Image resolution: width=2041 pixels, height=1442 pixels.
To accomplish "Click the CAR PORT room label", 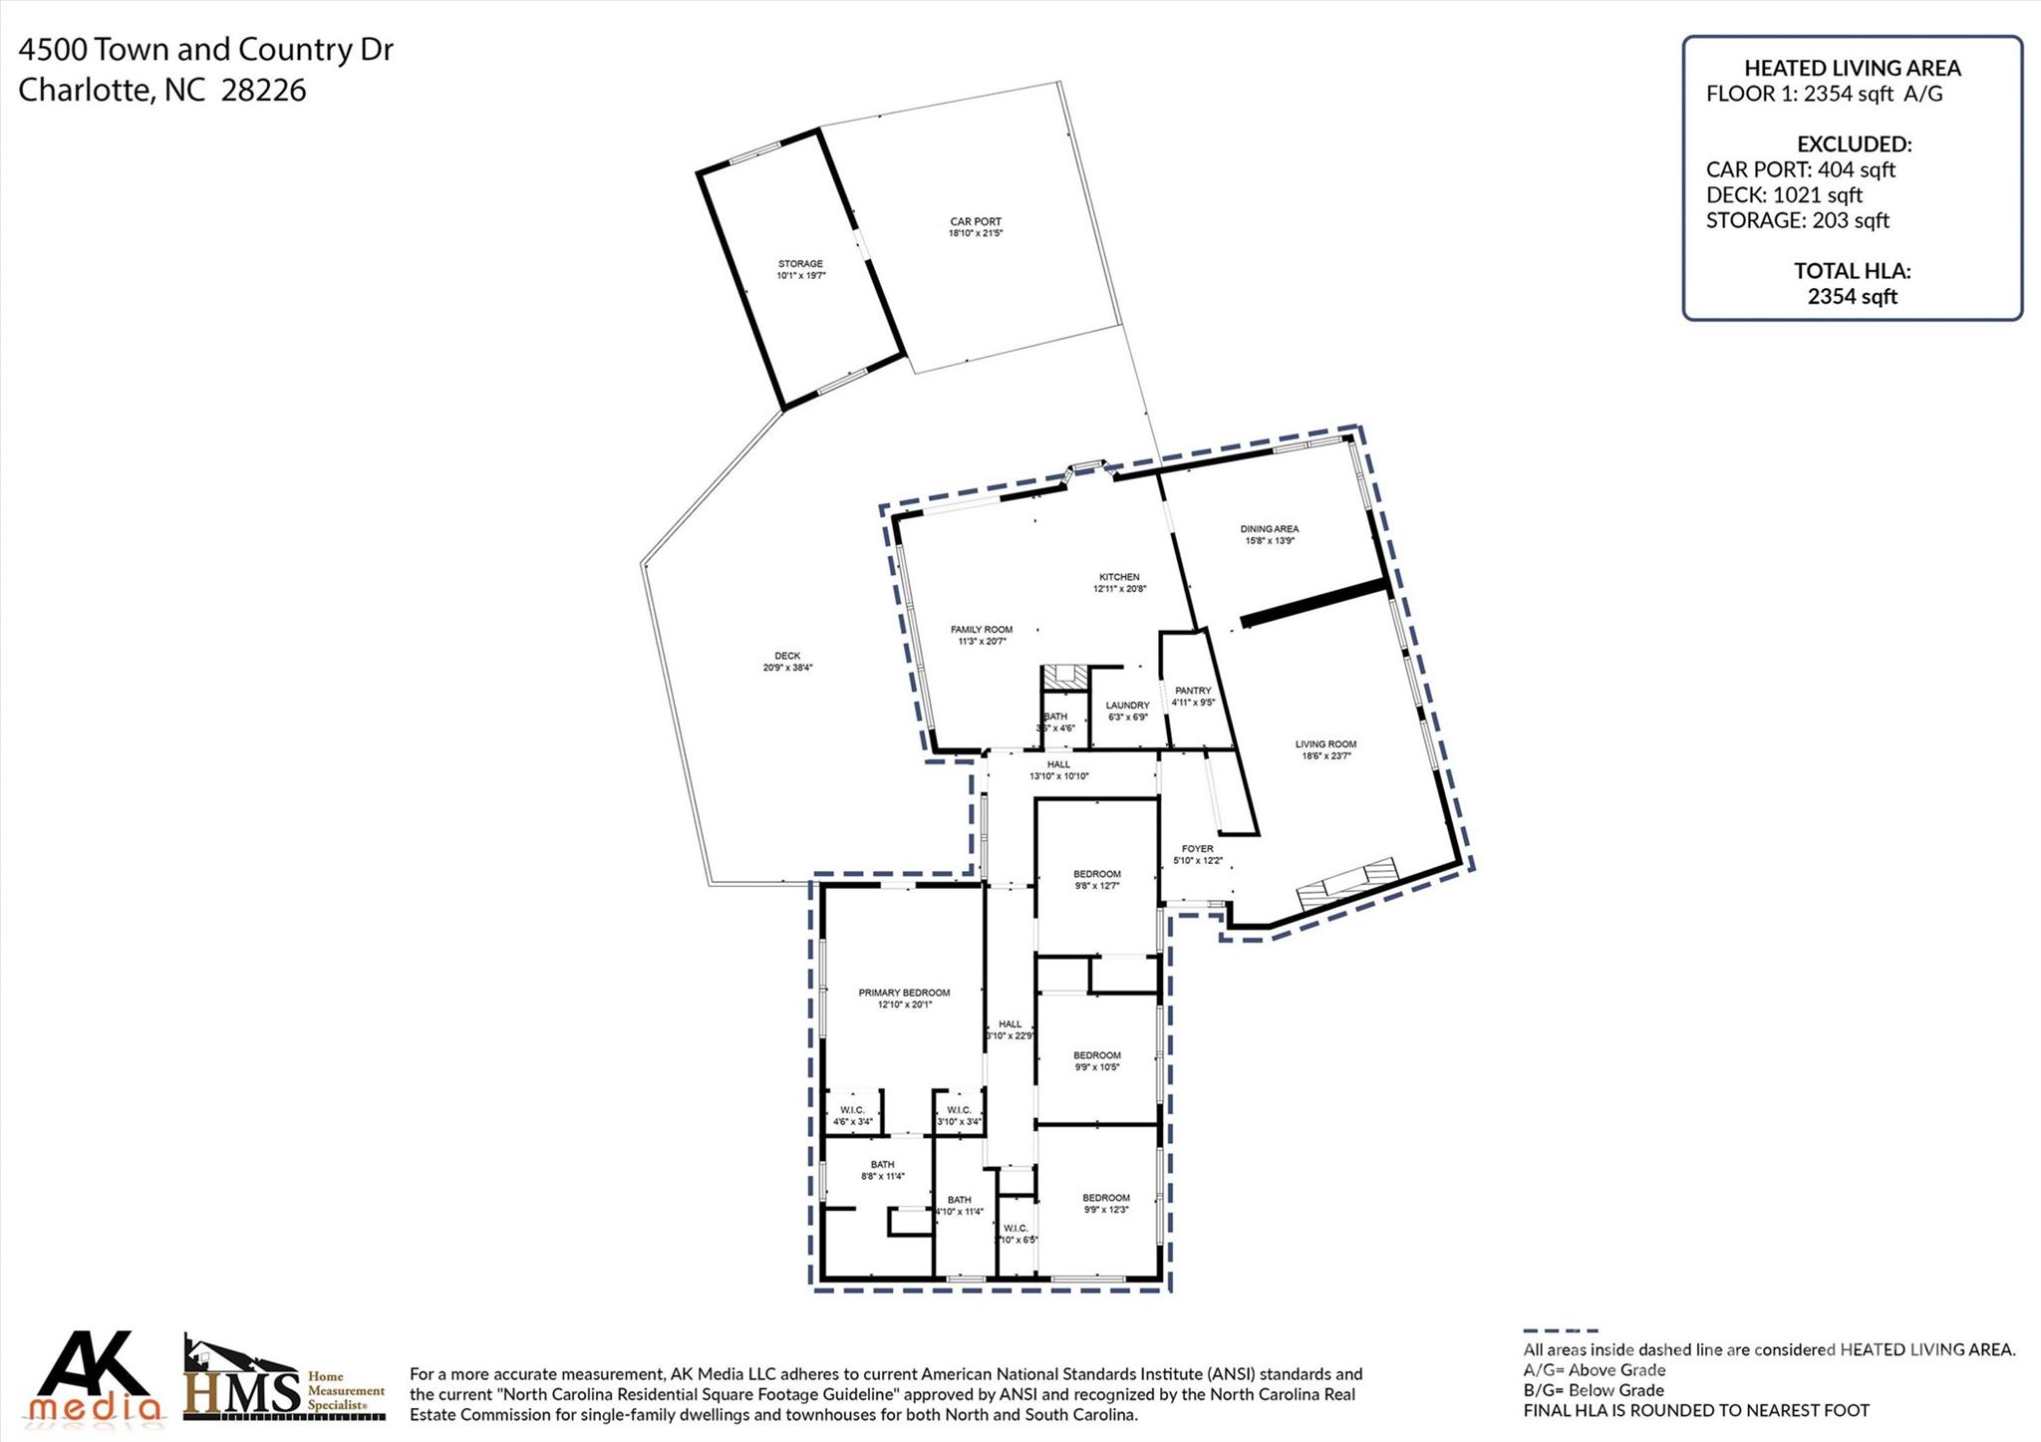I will pyautogui.click(x=975, y=222).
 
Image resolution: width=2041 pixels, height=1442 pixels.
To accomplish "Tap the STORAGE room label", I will pyautogui.click(x=800, y=264).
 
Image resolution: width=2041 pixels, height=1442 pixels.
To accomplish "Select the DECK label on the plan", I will pyautogui.click(x=787, y=656).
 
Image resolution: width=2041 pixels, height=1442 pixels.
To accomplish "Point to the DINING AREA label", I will pyautogui.click(x=1269, y=529).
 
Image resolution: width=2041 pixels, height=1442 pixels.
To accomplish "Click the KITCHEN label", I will pyautogui.click(x=1119, y=577).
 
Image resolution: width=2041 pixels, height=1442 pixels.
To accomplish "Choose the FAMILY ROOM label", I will pyautogui.click(x=981, y=630).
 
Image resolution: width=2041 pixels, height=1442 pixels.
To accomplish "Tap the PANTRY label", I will pyautogui.click(x=1193, y=691).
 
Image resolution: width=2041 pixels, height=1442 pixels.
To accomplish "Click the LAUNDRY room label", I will pyautogui.click(x=1127, y=706).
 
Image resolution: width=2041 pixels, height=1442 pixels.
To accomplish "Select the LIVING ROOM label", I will pyautogui.click(x=1325, y=744).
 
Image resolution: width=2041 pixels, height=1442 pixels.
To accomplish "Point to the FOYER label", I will pyautogui.click(x=1197, y=849).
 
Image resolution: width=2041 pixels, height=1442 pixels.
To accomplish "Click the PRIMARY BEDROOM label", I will pyautogui.click(x=904, y=993).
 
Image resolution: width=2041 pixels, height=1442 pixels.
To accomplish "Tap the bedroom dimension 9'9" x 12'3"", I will pyautogui.click(x=1106, y=1210).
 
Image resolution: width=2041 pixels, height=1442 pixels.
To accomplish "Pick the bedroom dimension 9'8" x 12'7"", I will pyautogui.click(x=1096, y=886).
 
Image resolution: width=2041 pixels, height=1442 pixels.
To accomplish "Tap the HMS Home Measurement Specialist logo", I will pyautogui.click(x=284, y=1381).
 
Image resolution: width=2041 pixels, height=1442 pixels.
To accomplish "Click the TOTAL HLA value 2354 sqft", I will pyautogui.click(x=1852, y=296).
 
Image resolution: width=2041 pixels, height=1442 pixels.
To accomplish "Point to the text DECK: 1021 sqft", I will pyautogui.click(x=1784, y=195).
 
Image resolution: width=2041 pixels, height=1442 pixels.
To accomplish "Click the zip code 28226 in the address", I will pyautogui.click(x=263, y=91).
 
